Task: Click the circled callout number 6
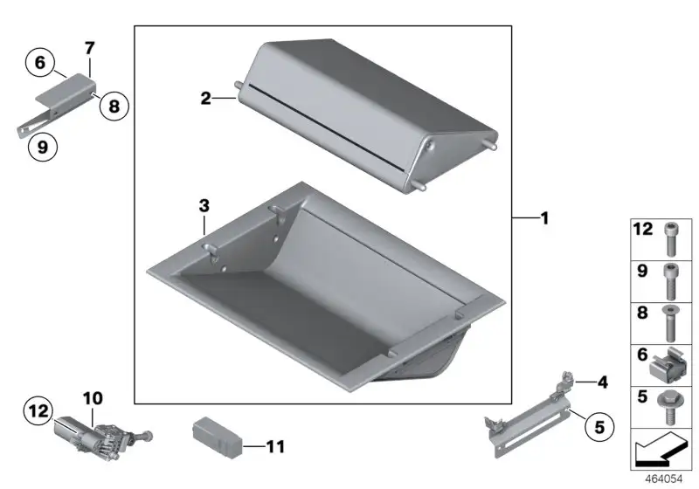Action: (40, 62)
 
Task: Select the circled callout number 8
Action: (114, 106)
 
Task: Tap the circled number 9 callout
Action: (43, 147)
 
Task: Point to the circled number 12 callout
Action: (38, 410)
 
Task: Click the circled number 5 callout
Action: (599, 427)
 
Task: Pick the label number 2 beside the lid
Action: (205, 98)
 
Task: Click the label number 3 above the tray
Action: (204, 206)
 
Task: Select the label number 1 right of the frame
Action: (544, 218)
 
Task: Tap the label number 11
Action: (275, 447)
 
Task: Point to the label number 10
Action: (93, 398)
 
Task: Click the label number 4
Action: (603, 382)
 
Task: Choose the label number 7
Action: (90, 48)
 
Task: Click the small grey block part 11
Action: (218, 437)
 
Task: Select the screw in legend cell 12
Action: (671, 239)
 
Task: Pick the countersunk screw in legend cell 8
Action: (670, 323)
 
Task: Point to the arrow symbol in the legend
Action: (661, 450)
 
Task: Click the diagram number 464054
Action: (664, 479)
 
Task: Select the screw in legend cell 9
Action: (671, 281)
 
